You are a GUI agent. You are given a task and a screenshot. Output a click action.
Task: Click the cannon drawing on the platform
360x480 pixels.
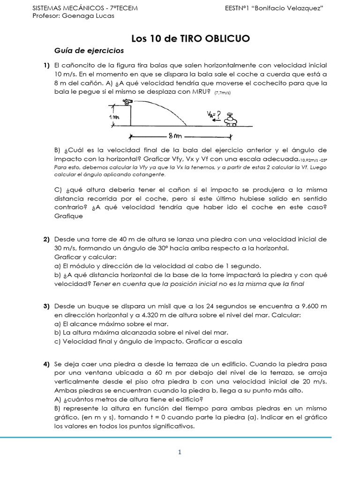(127, 102)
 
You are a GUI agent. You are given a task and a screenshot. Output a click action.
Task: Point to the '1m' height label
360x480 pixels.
(114, 117)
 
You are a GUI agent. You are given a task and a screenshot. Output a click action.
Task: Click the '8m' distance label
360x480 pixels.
(174, 137)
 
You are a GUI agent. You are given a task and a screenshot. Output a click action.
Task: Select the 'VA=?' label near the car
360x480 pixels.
(214, 113)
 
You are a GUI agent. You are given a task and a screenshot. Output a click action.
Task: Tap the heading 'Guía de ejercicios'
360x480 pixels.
(89, 50)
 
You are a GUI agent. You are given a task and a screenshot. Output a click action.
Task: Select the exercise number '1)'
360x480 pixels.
(46, 65)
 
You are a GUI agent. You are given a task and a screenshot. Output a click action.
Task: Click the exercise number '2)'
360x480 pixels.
(46, 239)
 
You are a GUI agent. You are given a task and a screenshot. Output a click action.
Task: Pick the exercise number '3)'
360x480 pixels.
(46, 306)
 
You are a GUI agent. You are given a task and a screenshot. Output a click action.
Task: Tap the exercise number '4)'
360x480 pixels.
(46, 364)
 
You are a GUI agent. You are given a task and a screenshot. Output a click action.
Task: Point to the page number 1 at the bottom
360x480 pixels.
(180, 452)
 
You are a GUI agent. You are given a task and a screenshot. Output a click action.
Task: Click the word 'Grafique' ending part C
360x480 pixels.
(68, 216)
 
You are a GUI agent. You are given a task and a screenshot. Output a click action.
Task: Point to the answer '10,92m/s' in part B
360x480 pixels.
(309, 160)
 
